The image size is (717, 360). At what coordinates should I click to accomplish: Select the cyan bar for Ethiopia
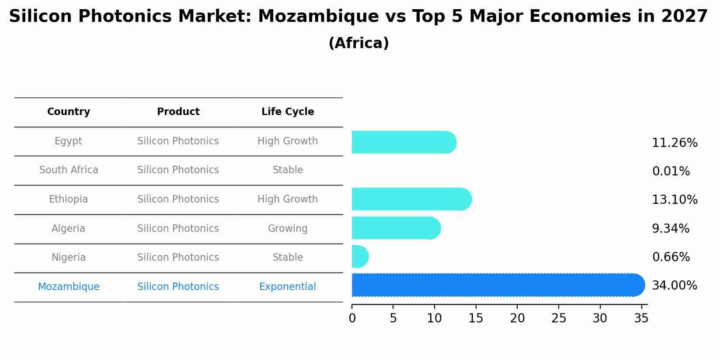[411, 199]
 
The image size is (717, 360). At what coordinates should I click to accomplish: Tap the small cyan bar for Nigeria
[359, 257]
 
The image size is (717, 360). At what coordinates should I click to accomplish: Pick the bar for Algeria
[396, 228]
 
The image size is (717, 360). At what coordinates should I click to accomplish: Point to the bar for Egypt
[404, 143]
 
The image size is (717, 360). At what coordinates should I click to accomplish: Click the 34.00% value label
[675, 286]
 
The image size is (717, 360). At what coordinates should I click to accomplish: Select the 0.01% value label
[671, 171]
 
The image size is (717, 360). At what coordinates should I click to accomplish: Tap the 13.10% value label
[675, 200]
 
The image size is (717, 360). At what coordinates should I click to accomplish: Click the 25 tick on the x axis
[559, 318]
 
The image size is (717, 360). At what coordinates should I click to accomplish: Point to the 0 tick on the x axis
[352, 318]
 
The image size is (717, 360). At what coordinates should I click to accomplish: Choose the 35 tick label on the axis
[641, 318]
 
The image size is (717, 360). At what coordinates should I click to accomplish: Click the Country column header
[69, 112]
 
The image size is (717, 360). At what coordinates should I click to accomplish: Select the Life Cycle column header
[288, 112]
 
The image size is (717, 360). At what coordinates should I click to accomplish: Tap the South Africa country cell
[69, 170]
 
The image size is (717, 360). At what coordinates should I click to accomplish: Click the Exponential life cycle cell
[288, 287]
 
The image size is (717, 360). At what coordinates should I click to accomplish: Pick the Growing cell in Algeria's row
[288, 229]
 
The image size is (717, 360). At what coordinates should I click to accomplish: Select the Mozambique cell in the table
[69, 287]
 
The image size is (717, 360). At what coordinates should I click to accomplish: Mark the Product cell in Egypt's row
[178, 141]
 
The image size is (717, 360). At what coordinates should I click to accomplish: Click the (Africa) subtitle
[358, 43]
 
